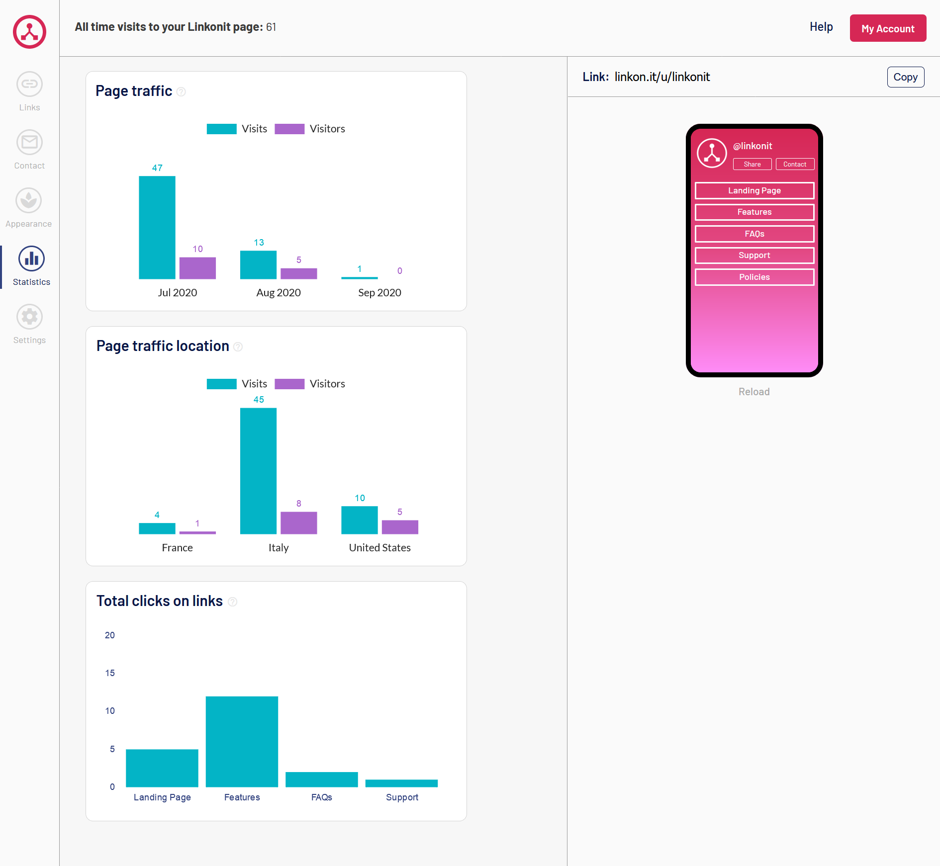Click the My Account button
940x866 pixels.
click(887, 28)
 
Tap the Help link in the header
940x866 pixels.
click(821, 27)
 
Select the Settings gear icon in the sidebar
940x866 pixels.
click(29, 317)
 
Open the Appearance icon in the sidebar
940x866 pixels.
click(29, 200)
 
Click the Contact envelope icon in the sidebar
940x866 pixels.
click(29, 143)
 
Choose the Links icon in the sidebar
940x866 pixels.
click(29, 84)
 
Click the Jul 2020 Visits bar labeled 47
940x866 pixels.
click(157, 227)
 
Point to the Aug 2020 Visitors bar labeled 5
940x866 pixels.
click(298, 273)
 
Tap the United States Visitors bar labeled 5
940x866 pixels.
click(400, 527)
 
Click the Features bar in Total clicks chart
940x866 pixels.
click(242, 741)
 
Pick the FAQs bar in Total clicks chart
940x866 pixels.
click(321, 779)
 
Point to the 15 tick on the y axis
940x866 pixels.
click(110, 673)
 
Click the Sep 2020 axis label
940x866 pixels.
click(379, 293)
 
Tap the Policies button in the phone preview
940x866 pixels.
click(754, 277)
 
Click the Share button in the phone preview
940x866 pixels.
click(752, 164)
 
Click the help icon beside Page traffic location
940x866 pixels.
click(238, 346)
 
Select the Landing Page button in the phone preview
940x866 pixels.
click(754, 190)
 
